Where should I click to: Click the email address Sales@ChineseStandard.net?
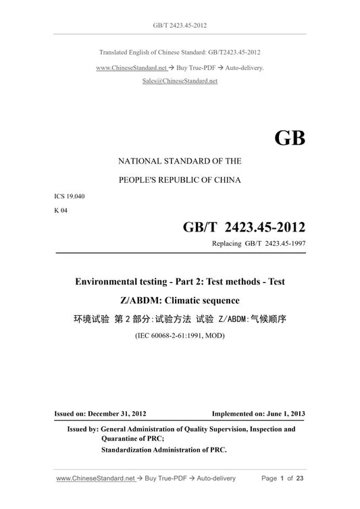click(x=180, y=80)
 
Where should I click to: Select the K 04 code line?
click(x=60, y=210)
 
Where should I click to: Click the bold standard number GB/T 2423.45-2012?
click(x=244, y=227)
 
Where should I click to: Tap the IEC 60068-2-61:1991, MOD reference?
click(x=180, y=336)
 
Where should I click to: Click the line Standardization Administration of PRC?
click(x=164, y=449)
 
